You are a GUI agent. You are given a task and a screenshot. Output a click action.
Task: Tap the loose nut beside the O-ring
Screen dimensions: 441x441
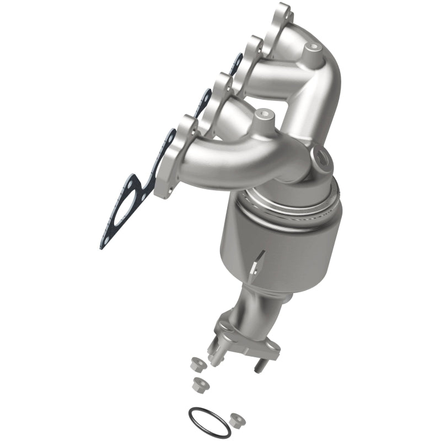[237, 418]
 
